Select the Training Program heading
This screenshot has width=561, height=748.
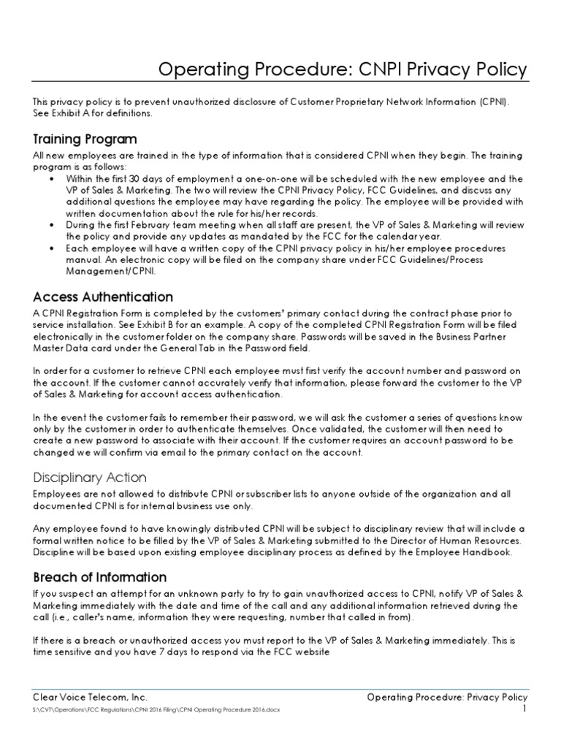click(85, 139)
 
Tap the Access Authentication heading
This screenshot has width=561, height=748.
click(103, 297)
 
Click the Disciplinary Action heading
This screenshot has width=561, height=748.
click(90, 478)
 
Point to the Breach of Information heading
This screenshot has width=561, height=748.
click(100, 577)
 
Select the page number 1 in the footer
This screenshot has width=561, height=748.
click(524, 709)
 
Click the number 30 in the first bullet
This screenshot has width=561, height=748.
click(134, 178)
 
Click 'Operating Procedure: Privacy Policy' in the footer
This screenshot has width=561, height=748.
click(446, 698)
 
